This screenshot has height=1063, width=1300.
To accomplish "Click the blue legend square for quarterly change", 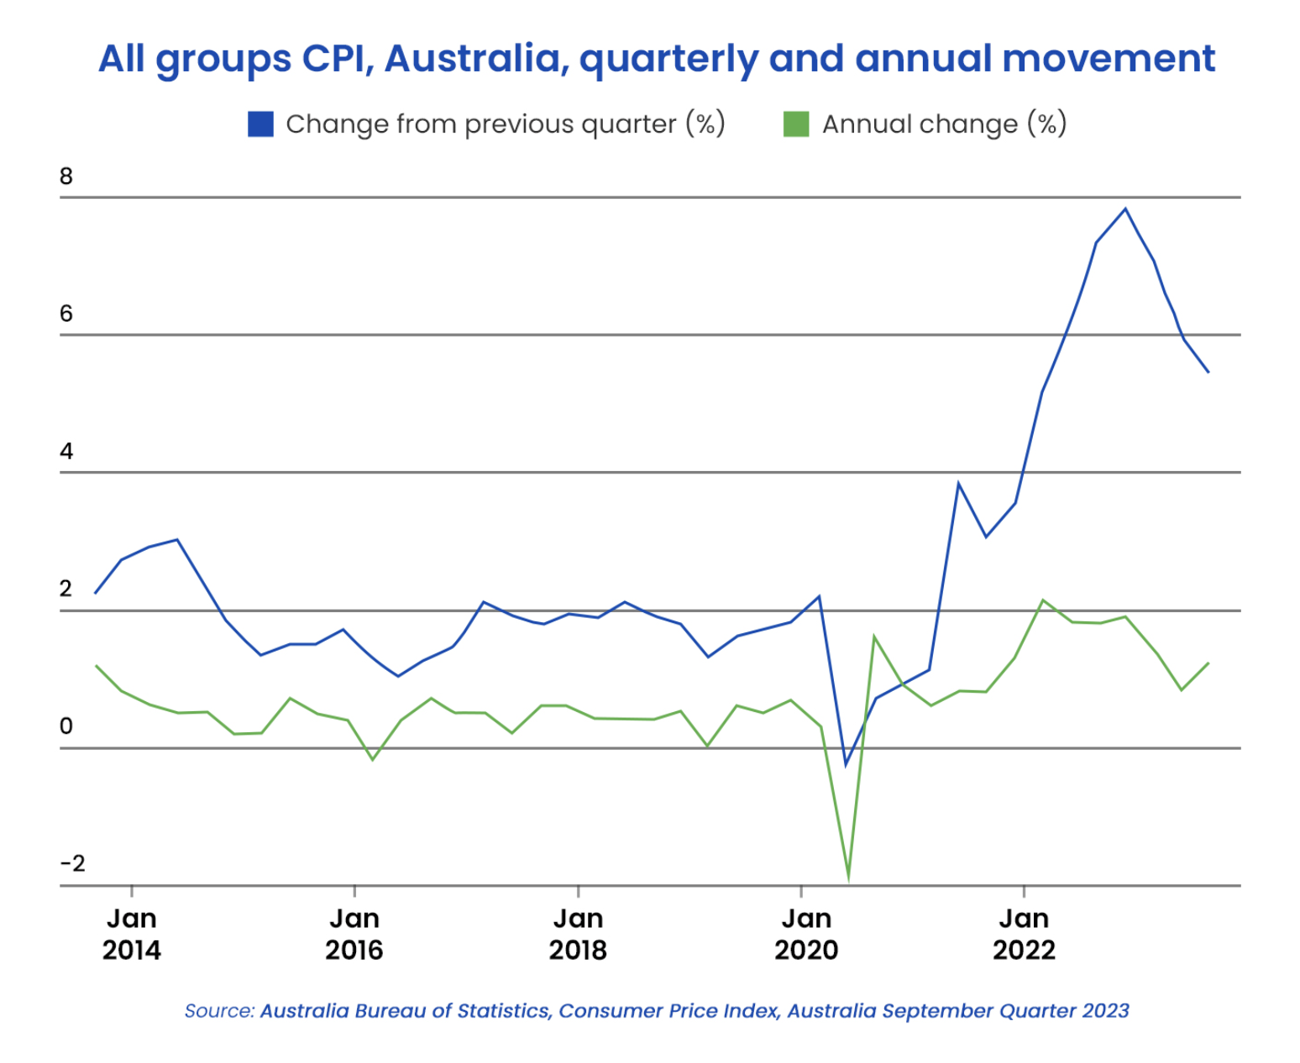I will (260, 124).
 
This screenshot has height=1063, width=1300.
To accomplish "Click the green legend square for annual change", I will (795, 124).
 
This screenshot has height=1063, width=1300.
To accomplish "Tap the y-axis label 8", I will (66, 176).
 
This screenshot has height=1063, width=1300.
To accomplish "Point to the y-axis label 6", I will (66, 314).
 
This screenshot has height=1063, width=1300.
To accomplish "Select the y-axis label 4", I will (66, 452).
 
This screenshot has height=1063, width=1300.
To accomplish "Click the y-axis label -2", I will (72, 864).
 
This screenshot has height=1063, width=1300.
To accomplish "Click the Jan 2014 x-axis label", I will (131, 935).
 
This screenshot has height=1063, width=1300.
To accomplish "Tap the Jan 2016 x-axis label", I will (354, 935).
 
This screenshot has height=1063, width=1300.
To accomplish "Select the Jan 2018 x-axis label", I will (578, 935).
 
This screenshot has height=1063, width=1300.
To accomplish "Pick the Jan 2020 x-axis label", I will (805, 935).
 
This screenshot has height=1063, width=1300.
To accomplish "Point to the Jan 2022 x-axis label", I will (1024, 935).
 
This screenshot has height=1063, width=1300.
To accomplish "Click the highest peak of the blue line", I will (1125, 209).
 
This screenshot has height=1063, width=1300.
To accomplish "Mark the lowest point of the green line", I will (848, 880).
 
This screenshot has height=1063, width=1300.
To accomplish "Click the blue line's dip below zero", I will (846, 765).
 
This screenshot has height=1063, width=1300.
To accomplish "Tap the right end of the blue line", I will (1208, 371).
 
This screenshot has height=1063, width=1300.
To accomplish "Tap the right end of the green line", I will (1208, 663).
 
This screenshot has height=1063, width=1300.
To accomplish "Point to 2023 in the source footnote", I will (1105, 1011).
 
